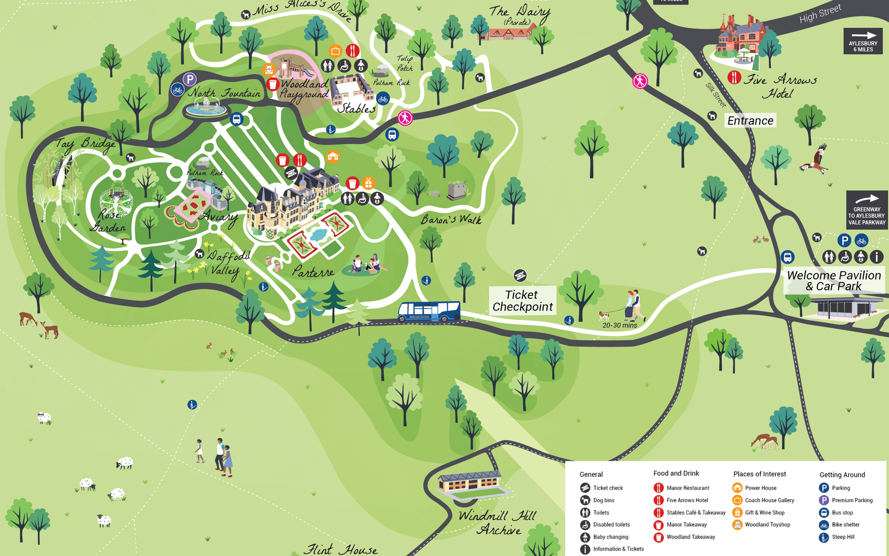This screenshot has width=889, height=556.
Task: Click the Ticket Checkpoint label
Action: [522, 301]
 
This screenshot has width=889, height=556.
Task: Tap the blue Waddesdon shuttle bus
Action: [429, 311]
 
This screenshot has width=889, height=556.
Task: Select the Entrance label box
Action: [750, 121]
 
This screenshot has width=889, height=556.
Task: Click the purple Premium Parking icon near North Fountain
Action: [190, 80]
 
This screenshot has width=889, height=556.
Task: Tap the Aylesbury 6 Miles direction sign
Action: [863, 41]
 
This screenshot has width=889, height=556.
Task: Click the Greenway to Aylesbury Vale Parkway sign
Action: [867, 210]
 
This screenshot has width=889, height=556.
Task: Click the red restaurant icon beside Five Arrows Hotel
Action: [734, 77]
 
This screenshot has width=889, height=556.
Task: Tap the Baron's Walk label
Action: [451, 219]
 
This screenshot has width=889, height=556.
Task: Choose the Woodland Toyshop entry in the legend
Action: [767, 525]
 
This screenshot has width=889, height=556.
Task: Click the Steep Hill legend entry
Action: [843, 537]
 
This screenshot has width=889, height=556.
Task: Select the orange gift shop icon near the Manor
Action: [368, 183]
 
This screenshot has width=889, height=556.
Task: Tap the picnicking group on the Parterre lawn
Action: [365, 265]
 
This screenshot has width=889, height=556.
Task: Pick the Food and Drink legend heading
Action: [676, 473]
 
